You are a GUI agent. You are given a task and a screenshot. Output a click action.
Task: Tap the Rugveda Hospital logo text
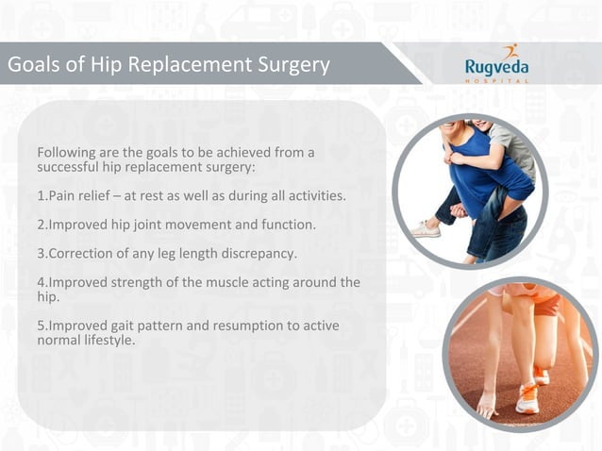495,67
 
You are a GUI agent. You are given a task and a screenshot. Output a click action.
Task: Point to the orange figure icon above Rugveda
510,51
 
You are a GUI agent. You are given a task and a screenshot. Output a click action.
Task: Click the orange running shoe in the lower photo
527,397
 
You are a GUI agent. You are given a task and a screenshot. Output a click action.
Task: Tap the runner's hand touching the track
487,407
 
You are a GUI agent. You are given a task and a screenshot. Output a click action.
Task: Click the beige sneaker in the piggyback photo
427,228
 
